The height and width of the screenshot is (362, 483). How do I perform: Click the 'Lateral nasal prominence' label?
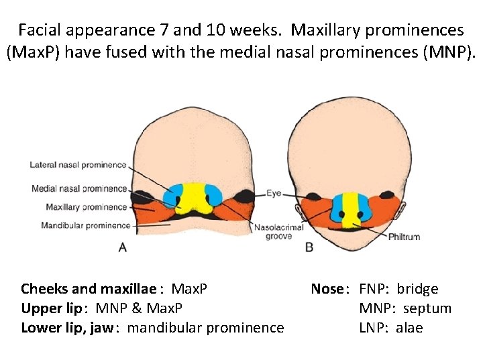(x=78, y=165)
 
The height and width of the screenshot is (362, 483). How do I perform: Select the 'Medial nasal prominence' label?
(x=79, y=188)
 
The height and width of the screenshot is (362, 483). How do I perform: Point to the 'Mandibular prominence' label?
(x=85, y=225)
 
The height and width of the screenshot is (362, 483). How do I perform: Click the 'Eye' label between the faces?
(x=274, y=193)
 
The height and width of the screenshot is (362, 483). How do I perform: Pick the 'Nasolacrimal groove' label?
(x=272, y=232)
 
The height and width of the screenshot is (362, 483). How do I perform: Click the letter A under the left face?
(x=123, y=247)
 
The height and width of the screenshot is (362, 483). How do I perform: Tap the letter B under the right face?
(x=309, y=247)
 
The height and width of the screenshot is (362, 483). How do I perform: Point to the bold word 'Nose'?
(x=327, y=289)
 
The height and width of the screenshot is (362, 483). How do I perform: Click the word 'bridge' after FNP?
(x=417, y=289)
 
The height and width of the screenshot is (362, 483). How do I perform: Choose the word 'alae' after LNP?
(x=409, y=328)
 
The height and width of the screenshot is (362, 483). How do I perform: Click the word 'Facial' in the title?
(x=40, y=30)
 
